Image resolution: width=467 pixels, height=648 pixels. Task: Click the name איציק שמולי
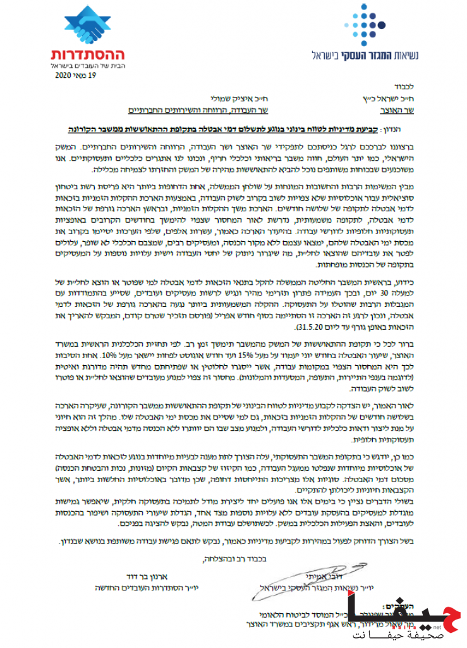pos(234,99)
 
